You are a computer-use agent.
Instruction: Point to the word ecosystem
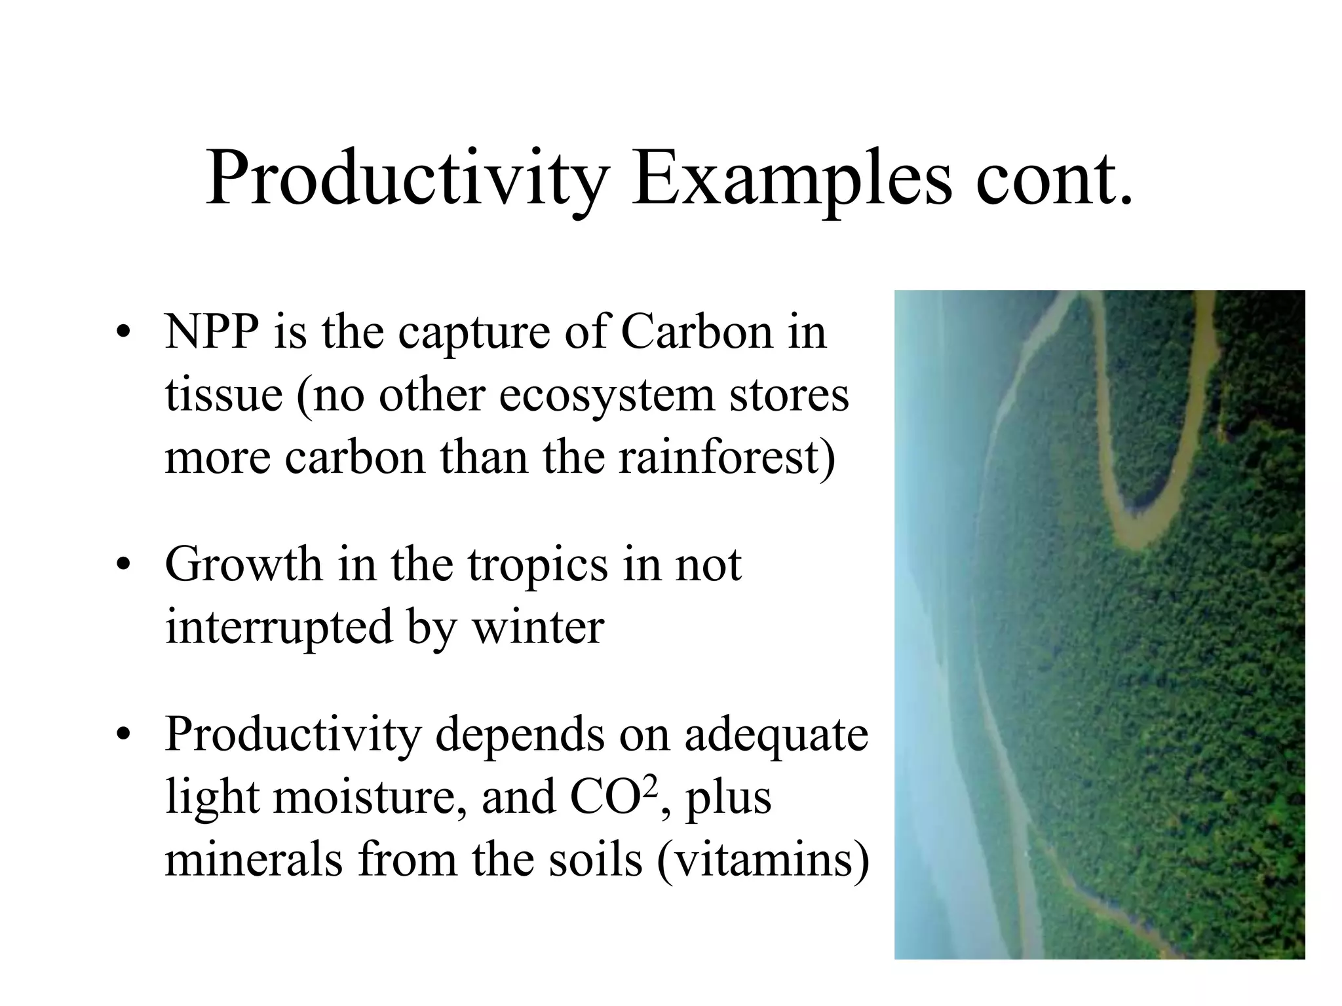click(606, 396)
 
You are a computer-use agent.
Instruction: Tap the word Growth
click(242, 565)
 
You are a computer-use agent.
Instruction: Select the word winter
click(537, 627)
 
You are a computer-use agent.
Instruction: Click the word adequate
click(776, 735)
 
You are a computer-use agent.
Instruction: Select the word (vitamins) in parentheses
click(763, 861)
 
